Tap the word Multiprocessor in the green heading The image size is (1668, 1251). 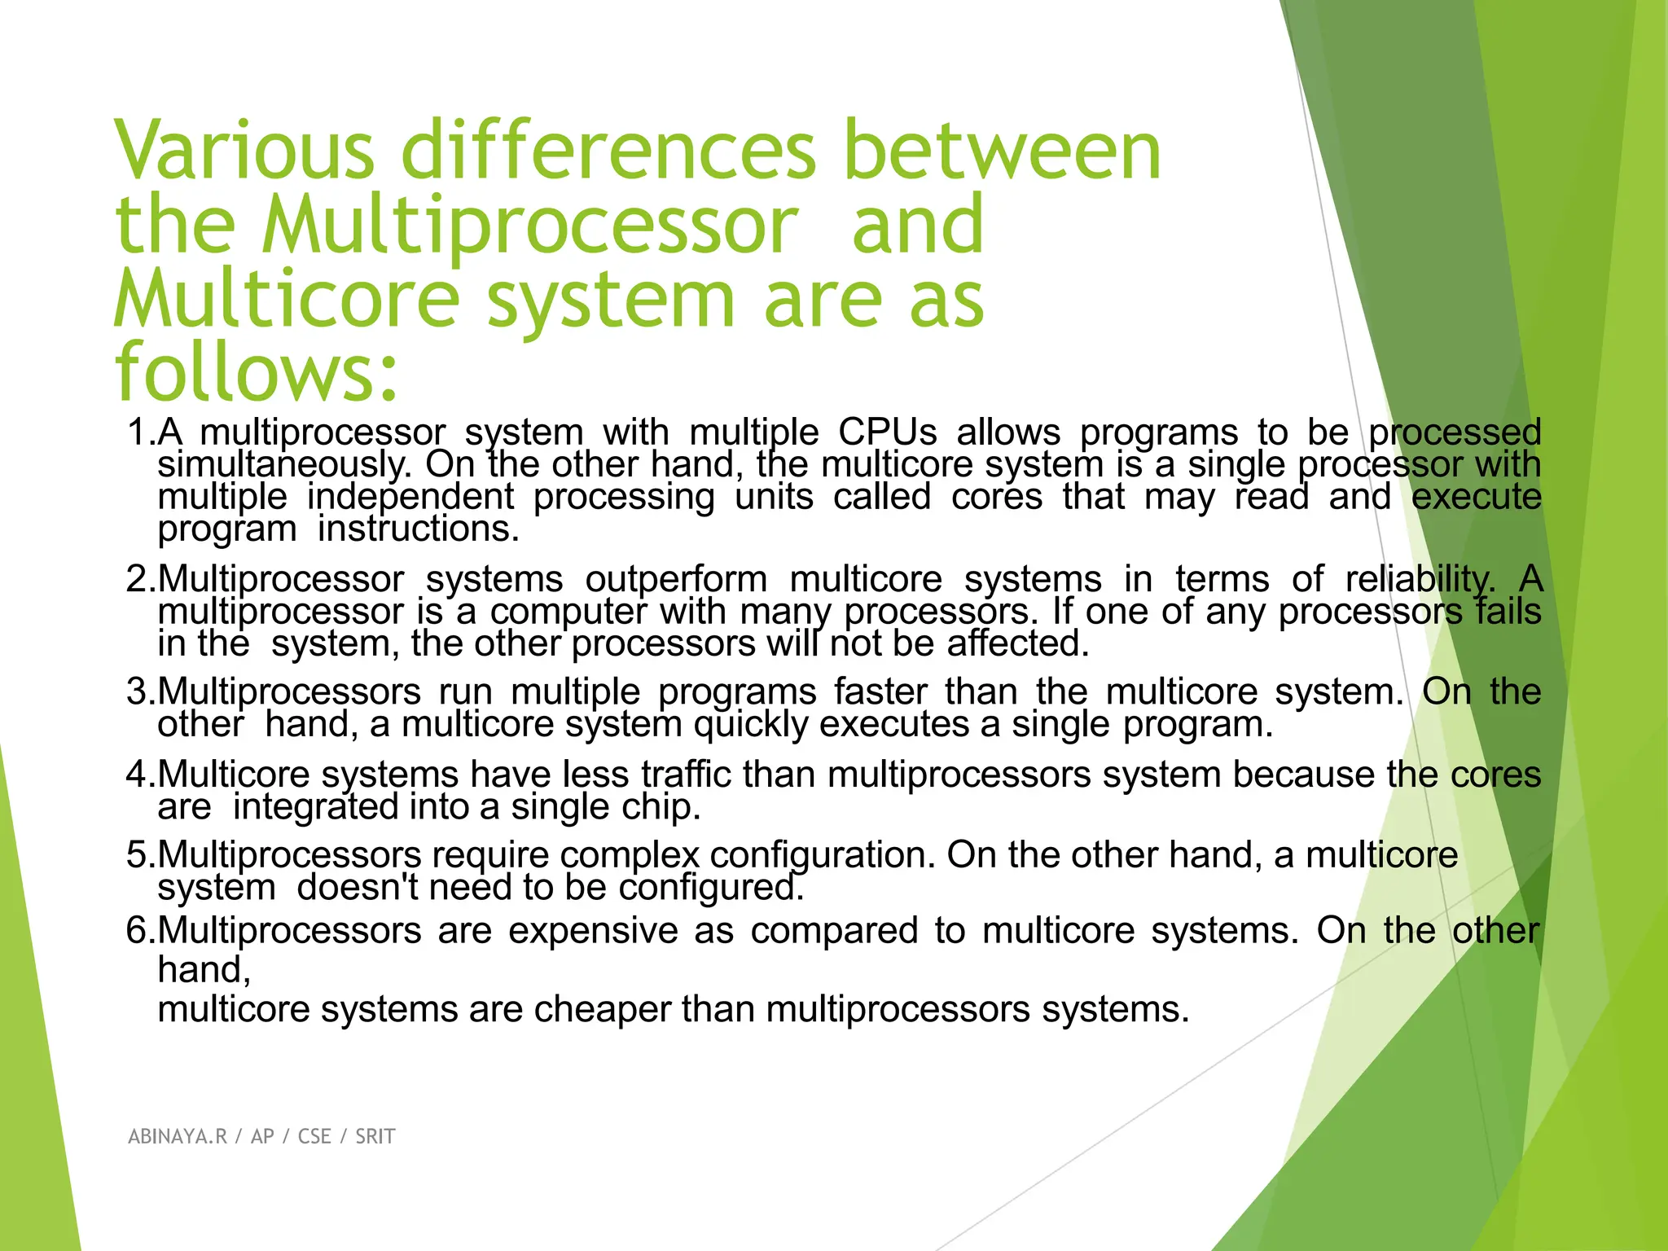[529, 226]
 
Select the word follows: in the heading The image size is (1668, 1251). [257, 373]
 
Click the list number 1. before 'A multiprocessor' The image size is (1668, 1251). [141, 432]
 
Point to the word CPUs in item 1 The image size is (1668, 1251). [888, 432]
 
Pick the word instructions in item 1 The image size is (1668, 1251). [417, 529]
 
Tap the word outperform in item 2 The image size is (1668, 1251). [676, 579]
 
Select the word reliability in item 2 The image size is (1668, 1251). [1419, 579]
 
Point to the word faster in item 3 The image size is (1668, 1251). [880, 691]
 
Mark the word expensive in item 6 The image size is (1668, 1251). [593, 930]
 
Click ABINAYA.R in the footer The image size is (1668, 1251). [178, 1136]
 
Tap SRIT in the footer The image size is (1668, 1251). [375, 1136]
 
